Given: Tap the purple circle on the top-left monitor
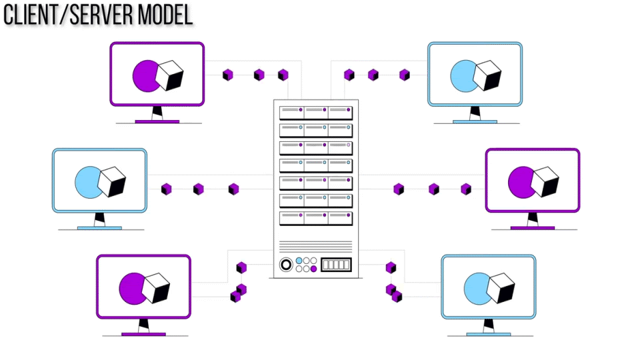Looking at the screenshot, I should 145,75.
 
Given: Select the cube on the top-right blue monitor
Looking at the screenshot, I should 486,75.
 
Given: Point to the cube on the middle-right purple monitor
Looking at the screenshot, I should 545,181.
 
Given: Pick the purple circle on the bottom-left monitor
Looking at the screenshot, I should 131,288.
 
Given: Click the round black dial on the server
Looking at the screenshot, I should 285,265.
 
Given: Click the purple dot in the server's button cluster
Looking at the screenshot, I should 314,269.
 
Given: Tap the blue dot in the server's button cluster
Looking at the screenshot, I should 299,261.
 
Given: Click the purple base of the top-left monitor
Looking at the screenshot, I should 157,121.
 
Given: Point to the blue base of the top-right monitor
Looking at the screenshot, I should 475,121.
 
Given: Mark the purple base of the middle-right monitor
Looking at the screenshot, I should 532,227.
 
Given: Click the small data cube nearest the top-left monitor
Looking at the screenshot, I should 228,75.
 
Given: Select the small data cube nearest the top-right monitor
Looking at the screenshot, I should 405,75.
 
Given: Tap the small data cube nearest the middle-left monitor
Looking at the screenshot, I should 166,189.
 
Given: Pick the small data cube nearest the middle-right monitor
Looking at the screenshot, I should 466,189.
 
